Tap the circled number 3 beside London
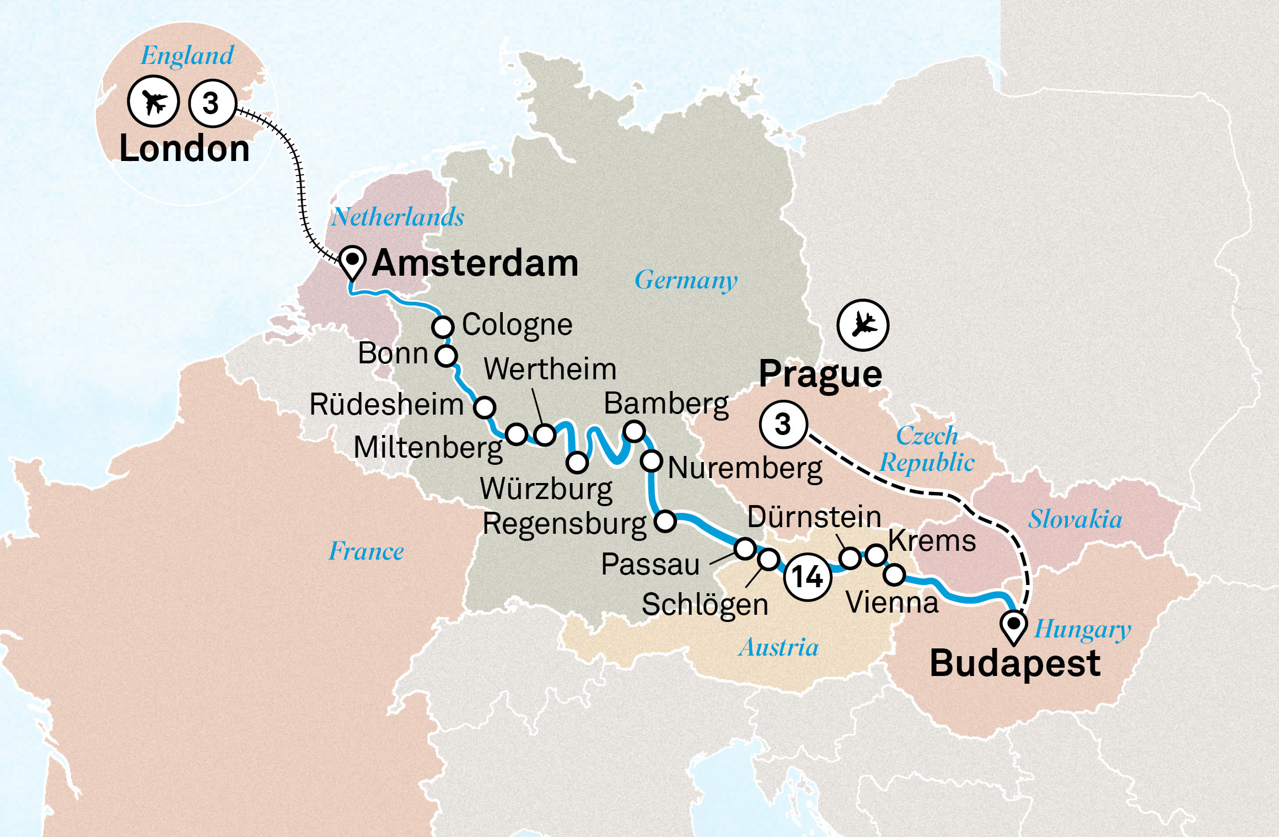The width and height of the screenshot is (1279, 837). (212, 103)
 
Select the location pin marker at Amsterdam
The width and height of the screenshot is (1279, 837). (352, 262)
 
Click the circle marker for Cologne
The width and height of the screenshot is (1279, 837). (443, 326)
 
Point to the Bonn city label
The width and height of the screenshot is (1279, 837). (393, 353)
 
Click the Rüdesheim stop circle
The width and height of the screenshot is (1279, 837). (485, 407)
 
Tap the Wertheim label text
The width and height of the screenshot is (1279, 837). (550, 369)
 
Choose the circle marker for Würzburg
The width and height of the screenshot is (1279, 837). (577, 462)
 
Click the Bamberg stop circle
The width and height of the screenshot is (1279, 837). (634, 431)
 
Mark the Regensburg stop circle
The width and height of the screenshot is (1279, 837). (665, 521)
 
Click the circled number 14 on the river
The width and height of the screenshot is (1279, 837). (808, 577)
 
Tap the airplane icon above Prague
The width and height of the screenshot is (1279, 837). (863, 325)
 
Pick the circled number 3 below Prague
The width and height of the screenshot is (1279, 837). (783, 424)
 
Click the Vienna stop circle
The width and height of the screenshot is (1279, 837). (894, 575)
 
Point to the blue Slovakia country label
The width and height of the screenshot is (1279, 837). (1074, 519)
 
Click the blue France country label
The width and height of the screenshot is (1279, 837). (366, 551)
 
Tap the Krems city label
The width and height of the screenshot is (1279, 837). (932, 541)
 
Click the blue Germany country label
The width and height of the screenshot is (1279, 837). (686, 280)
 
